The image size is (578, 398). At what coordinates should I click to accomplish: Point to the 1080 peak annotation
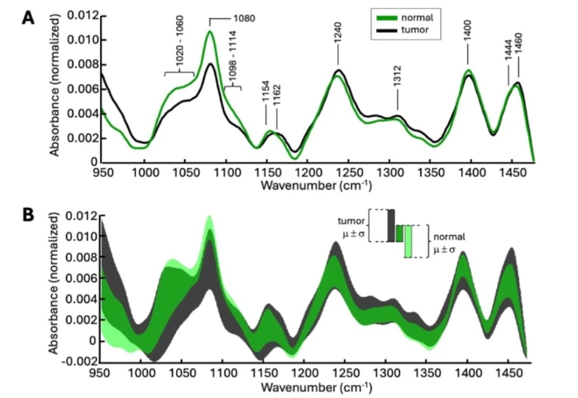pyautogui.click(x=243, y=18)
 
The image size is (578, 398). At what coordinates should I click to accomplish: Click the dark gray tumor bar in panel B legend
pyautogui.click(x=391, y=225)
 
